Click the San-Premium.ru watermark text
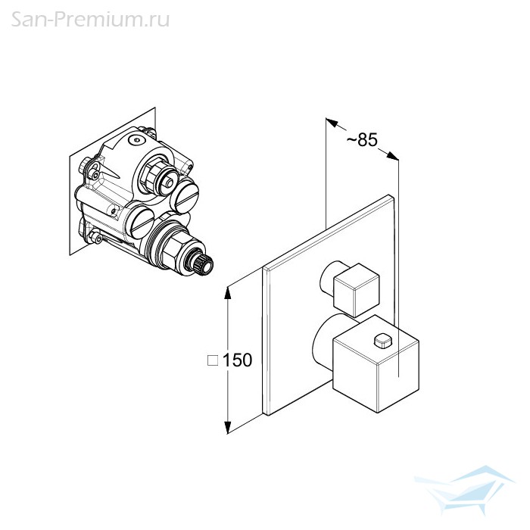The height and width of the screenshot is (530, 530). tap(90, 20)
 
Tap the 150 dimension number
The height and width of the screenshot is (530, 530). tap(237, 360)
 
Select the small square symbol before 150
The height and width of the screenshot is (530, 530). tap(213, 360)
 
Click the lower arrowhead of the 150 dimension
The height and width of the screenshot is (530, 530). tap(228, 427)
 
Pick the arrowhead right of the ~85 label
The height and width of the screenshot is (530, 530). tap(392, 155)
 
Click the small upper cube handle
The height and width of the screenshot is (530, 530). tap(357, 290)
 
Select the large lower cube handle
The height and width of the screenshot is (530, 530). tap(376, 364)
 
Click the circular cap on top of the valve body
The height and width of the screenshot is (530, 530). tap(137, 139)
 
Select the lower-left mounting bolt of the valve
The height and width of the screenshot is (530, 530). tap(95, 236)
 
